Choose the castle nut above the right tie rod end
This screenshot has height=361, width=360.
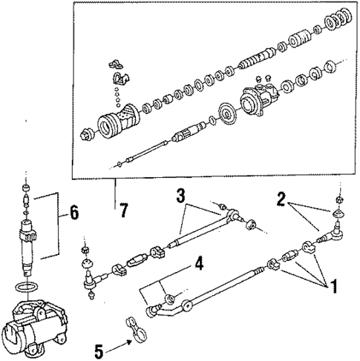[x=338, y=199]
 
